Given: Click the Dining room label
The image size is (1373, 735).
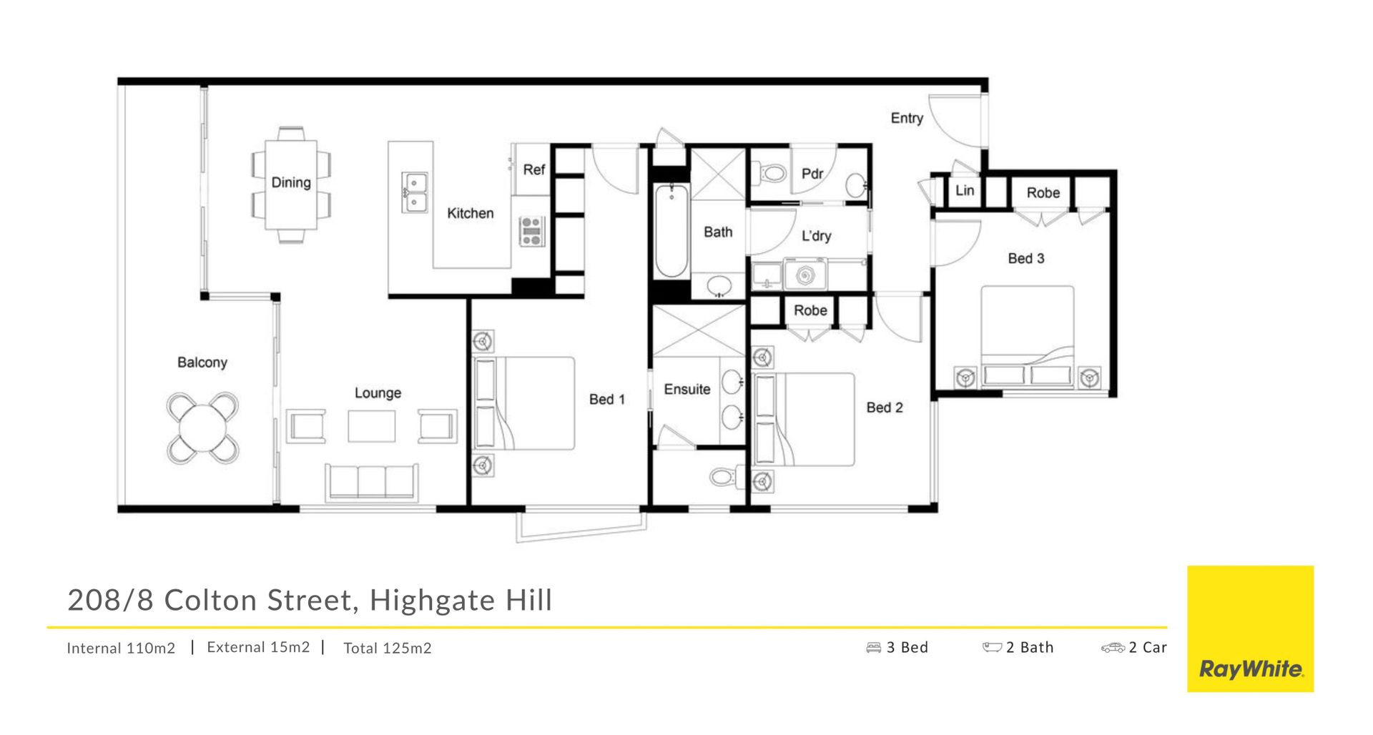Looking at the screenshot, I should pos(291,182).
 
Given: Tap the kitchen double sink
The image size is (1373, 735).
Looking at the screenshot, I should pos(414,192).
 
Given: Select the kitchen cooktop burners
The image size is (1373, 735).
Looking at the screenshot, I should pos(531,231).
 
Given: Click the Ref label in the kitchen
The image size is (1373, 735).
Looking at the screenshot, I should pos(533,169).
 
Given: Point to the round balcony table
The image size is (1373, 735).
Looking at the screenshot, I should pos(203,428).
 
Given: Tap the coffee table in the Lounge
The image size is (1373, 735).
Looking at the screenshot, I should pos(372,426).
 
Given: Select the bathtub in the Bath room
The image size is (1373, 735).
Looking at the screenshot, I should pos(671,230).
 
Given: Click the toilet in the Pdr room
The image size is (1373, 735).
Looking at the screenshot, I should pos(772,172).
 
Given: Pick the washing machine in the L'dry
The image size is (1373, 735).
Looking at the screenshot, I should pos(805,275).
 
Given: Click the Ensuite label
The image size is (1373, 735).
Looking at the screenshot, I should pos(687,389).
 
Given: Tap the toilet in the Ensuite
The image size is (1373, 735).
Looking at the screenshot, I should pos(724,476).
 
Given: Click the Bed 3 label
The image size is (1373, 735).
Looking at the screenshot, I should pos(1025,258).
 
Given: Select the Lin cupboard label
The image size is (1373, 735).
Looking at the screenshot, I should pos(965,190).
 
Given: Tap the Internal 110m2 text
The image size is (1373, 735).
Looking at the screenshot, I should pos(121,648).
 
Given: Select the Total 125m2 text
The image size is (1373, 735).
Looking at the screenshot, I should pos(388,648).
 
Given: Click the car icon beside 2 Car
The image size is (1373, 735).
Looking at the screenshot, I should pos(1113,648).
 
